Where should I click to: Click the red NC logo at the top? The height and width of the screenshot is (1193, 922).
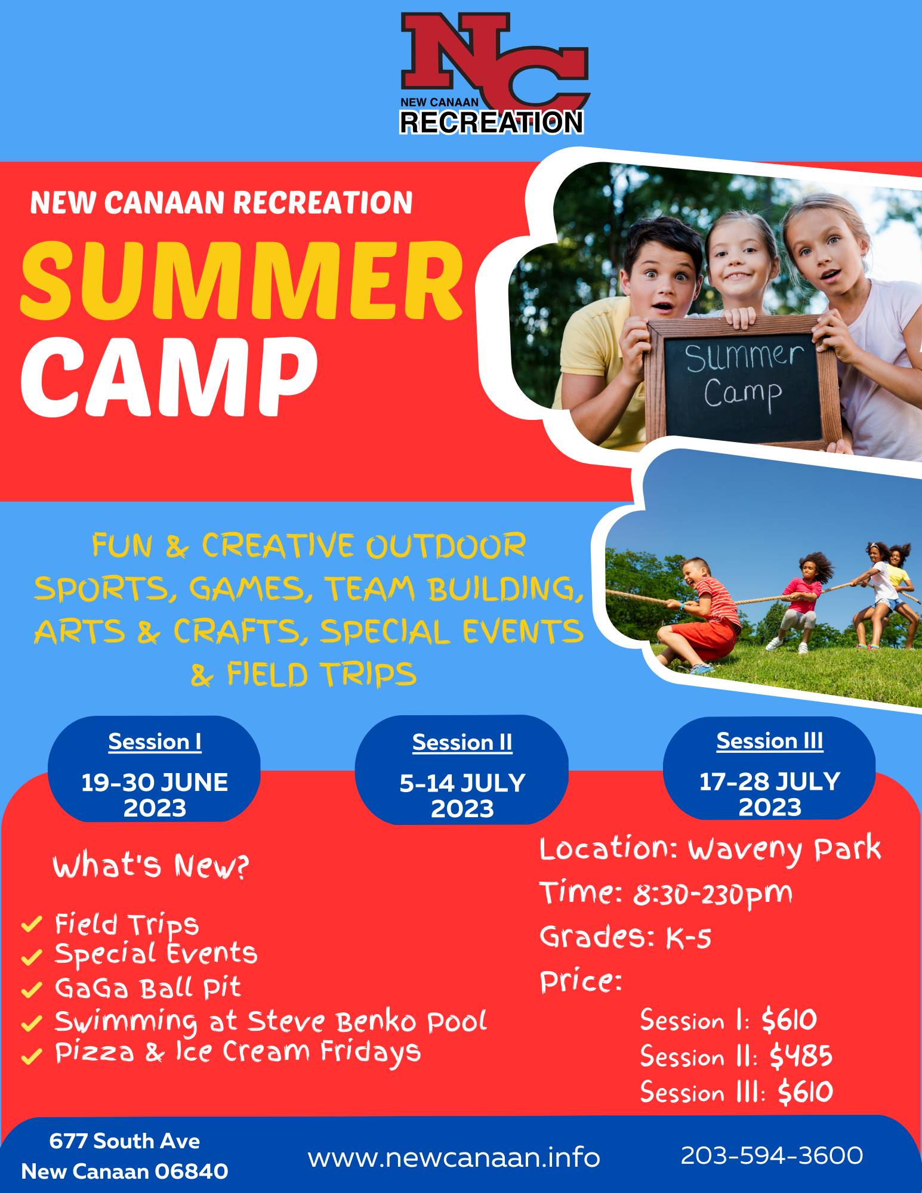point(494,73)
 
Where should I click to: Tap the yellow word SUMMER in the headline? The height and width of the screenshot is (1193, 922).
point(242,280)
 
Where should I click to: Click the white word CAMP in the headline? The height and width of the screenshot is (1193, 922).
point(168,376)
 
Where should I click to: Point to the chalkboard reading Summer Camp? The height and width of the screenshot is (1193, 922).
point(743,382)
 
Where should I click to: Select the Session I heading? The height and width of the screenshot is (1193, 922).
point(155,741)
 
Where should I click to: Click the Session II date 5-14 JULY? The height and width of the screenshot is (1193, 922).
point(462,783)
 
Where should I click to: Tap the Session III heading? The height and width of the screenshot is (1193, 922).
point(769,741)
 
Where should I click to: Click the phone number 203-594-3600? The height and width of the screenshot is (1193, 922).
point(772,1155)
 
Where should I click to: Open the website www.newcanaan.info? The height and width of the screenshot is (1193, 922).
point(454,1158)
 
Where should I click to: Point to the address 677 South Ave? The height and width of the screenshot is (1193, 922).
point(124,1141)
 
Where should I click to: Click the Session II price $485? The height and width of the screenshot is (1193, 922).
point(800,1056)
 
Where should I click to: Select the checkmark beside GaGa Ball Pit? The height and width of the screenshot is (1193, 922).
point(31,990)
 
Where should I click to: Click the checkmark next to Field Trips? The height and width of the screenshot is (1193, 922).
point(31,925)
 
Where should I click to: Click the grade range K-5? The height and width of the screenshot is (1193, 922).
point(689,938)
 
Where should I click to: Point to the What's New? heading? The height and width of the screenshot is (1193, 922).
point(150,866)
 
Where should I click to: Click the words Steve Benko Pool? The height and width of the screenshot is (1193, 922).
point(367,1021)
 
